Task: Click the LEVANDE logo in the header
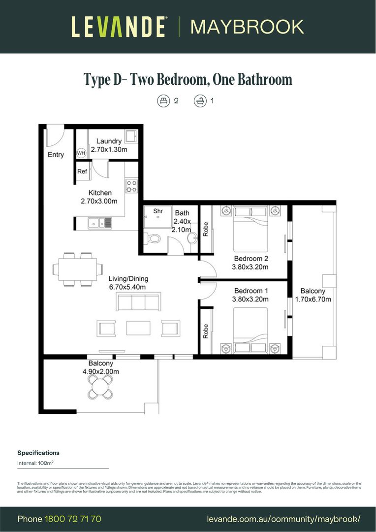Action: tap(118, 27)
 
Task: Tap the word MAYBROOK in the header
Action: tap(247, 27)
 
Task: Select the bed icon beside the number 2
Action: tap(163, 101)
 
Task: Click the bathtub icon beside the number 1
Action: tap(200, 101)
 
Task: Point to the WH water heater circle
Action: tap(81, 153)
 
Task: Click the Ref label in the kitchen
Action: tap(82, 171)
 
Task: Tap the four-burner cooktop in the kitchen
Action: tap(132, 186)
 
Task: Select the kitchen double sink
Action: tap(100, 223)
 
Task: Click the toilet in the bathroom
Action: tap(154, 239)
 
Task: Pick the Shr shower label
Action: tap(158, 211)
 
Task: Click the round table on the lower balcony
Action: tap(101, 389)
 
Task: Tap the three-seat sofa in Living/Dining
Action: tap(138, 301)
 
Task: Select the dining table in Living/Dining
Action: tap(75, 269)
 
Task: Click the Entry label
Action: tap(56, 155)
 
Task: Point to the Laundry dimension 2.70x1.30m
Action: tap(109, 149)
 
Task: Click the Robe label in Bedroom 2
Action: tap(206, 229)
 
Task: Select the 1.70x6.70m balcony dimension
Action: tap(313, 299)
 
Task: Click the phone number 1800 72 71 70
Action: tap(73, 519)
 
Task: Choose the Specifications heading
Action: tap(38, 453)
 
